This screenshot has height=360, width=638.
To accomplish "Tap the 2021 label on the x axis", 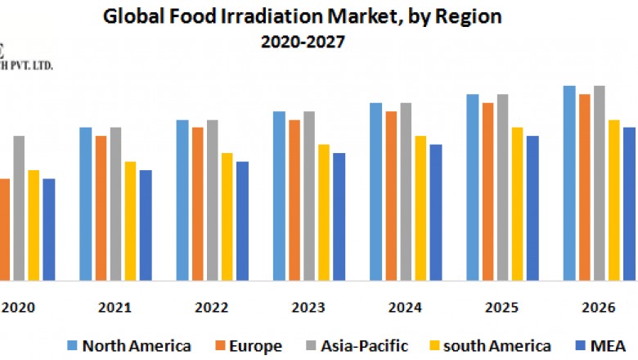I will coord(115,308).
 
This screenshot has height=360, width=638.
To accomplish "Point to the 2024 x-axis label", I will coord(406,308).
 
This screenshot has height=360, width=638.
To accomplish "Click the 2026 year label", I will coord(599,308).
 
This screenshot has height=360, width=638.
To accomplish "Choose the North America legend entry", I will coord(131,345).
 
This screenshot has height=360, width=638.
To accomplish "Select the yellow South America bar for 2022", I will coord(227,216).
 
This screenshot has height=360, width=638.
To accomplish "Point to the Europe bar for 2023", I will coord(294,200).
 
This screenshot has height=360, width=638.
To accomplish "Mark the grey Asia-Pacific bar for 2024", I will coord(406,191).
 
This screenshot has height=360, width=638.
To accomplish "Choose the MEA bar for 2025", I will coord(532,208).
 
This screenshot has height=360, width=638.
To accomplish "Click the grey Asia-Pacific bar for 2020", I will coord(19,208).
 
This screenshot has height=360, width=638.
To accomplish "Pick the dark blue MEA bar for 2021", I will coord(146,225).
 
